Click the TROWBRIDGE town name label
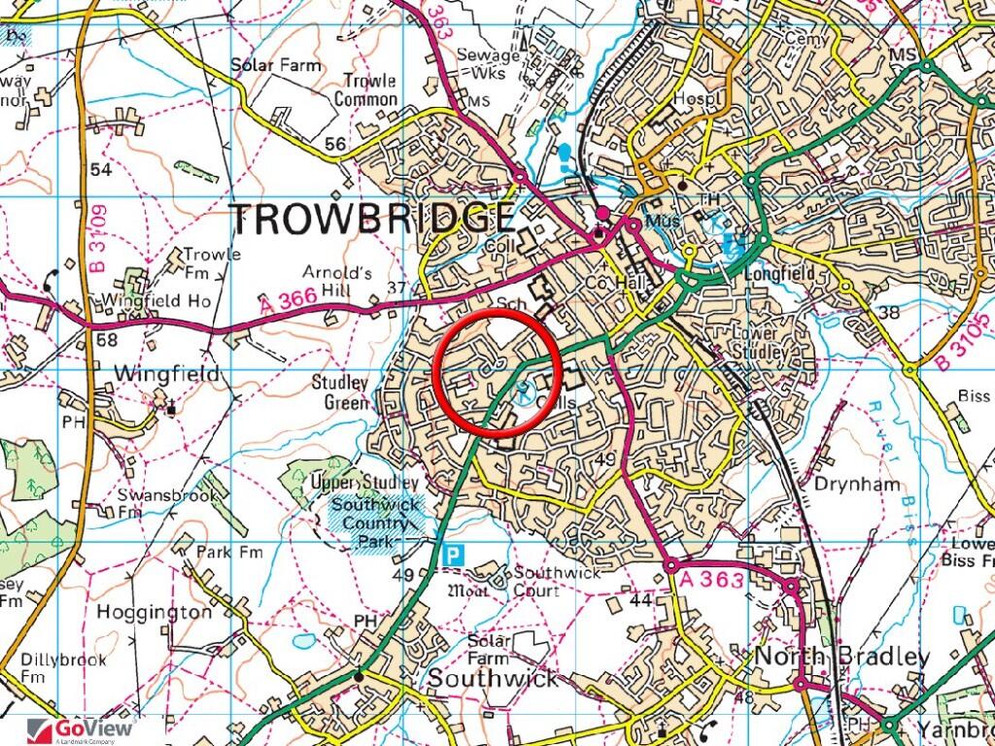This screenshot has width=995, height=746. (x=374, y=220)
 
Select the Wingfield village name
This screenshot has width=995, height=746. (x=167, y=373)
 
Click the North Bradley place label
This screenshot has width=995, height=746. (x=841, y=658)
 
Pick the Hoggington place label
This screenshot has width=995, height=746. (x=154, y=613)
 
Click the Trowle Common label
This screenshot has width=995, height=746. (x=366, y=90)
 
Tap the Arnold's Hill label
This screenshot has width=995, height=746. (x=337, y=282)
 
